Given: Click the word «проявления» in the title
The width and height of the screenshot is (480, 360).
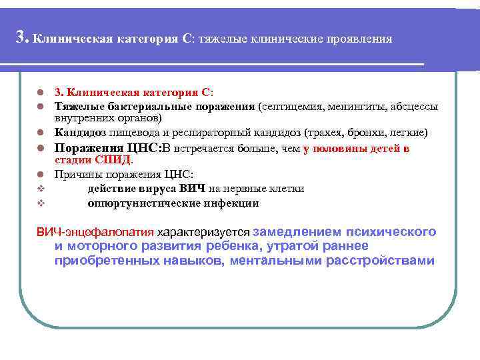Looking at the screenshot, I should click(x=359, y=39).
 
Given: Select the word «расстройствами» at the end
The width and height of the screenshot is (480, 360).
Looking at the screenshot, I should click(x=380, y=261).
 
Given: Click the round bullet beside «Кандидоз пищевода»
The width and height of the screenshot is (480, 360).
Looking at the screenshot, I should click(x=40, y=132).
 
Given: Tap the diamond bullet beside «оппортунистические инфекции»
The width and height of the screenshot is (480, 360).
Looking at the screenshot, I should click(x=40, y=203).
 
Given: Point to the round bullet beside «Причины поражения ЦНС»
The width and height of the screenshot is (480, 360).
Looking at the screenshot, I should click(x=40, y=175).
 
